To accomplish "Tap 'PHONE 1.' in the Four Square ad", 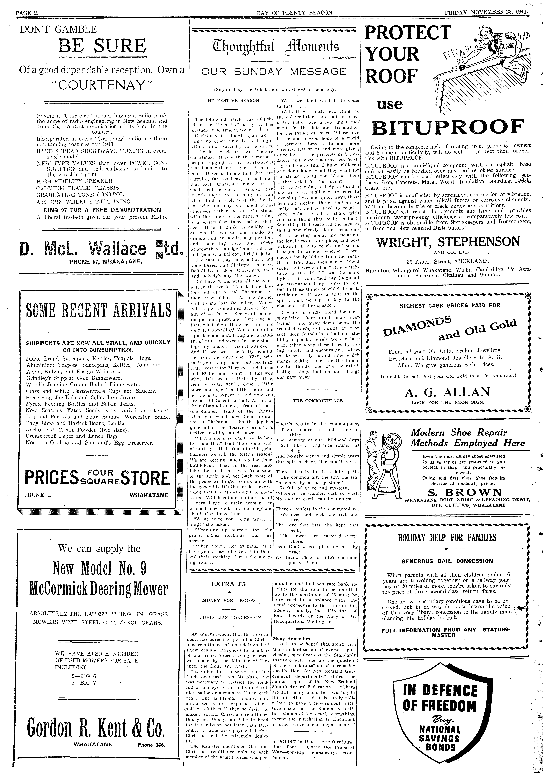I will click(35, 495).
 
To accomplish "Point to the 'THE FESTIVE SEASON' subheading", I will click(232, 100).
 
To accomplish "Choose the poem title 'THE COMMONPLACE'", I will click(317, 401).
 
